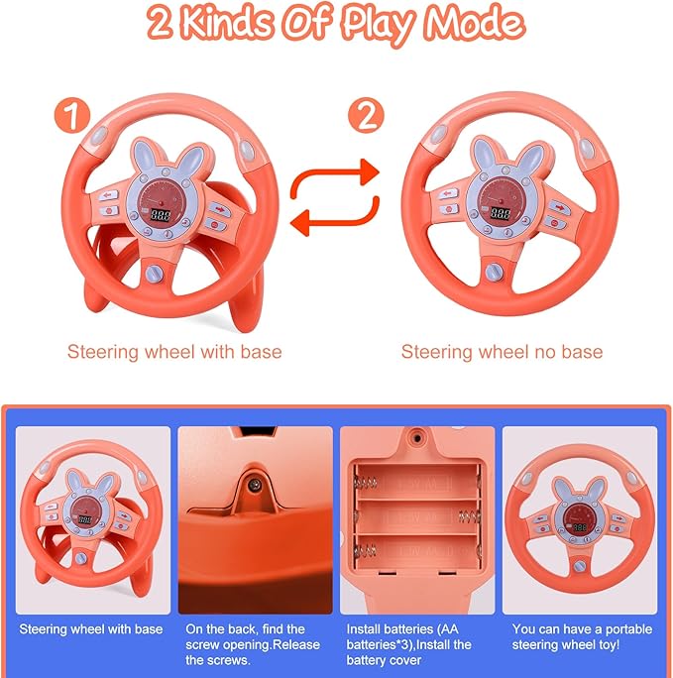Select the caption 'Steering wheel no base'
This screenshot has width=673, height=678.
pos(502,351)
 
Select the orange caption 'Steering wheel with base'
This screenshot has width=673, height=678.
pos(174,351)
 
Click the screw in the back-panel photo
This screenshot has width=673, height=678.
pos(254,483)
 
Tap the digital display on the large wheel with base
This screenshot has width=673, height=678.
pos(158,213)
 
